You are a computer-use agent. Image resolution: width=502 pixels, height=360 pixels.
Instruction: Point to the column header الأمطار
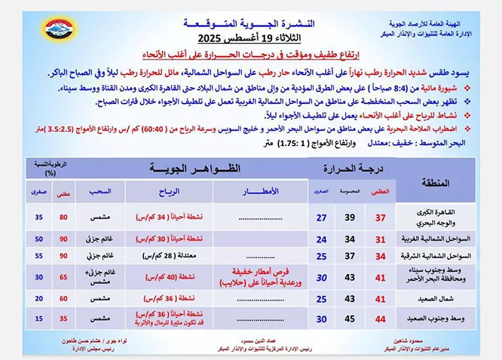click(x=266, y=192)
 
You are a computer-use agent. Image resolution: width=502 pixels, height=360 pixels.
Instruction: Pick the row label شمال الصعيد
click(x=430, y=299)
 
